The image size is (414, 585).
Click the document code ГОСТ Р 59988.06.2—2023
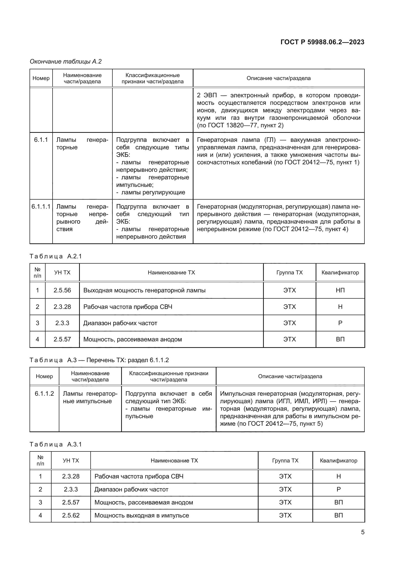coord(322,42)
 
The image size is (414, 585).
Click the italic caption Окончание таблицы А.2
coord(66,62)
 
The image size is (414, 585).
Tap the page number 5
coord(362,532)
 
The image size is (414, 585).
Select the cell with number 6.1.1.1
coord(41,207)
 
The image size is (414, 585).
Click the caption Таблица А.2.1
coord(56,256)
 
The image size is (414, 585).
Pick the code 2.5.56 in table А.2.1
coord(62,290)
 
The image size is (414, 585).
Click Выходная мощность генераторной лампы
coord(144,290)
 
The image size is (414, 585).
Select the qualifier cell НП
coord(340,290)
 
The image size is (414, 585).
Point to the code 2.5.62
coord(71,515)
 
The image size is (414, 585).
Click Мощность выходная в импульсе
coord(142,515)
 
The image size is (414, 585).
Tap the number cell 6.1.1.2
coord(44,394)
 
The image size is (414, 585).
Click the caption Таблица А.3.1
coord(56,444)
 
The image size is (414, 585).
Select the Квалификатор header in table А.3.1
coord(339,460)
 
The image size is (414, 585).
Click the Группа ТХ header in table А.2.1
coord(290,272)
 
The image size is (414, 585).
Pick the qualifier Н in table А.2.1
coord(340,307)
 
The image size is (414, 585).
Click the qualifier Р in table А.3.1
coord(339,489)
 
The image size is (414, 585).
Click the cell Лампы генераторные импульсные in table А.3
coord(90,397)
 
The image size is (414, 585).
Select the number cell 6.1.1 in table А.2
coord(41,140)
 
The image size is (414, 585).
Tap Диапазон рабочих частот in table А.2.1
coord(120,323)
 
